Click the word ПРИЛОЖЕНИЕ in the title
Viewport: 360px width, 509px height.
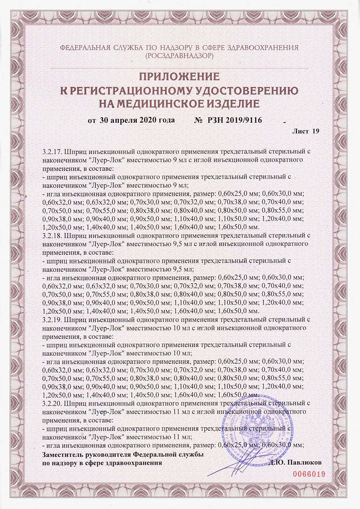point(180,77)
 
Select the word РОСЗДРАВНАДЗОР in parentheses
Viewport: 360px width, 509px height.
point(180,56)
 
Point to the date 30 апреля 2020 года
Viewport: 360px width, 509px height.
point(137,120)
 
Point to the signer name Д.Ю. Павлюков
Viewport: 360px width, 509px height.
point(295,462)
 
